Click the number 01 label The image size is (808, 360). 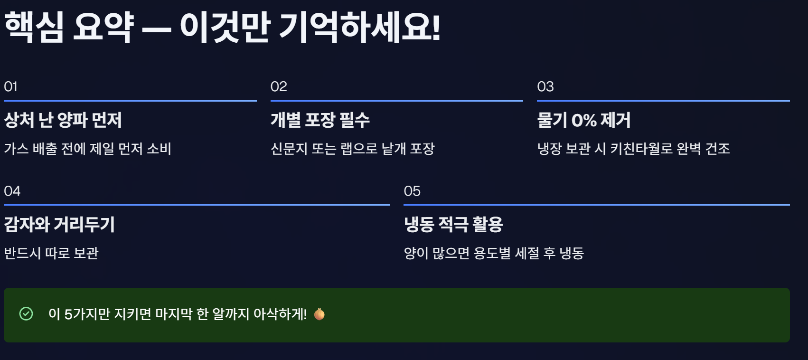pyautogui.click(x=10, y=86)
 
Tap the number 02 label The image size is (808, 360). pyautogui.click(x=279, y=86)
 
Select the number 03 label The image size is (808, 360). pyautogui.click(x=545, y=86)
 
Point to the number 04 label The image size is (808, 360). pyautogui.click(x=12, y=191)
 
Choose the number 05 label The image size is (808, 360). pyautogui.click(x=412, y=191)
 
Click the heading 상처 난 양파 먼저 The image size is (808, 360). pyautogui.click(x=63, y=120)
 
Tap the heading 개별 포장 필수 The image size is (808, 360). pyautogui.click(x=320, y=120)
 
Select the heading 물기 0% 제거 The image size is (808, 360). pyautogui.click(x=583, y=120)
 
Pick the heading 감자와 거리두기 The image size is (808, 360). pyautogui.click(x=59, y=224)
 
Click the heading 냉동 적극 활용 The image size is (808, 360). pyautogui.click(x=453, y=224)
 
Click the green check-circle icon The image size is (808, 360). pyautogui.click(x=26, y=314)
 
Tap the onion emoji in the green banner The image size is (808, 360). pyautogui.click(x=319, y=314)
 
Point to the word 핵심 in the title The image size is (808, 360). pyautogui.click(x=34, y=27)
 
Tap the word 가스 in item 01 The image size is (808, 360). pyautogui.click(x=16, y=149)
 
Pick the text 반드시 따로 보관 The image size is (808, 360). pyautogui.click(x=51, y=253)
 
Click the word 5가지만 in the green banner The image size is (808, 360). pyautogui.click(x=87, y=314)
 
